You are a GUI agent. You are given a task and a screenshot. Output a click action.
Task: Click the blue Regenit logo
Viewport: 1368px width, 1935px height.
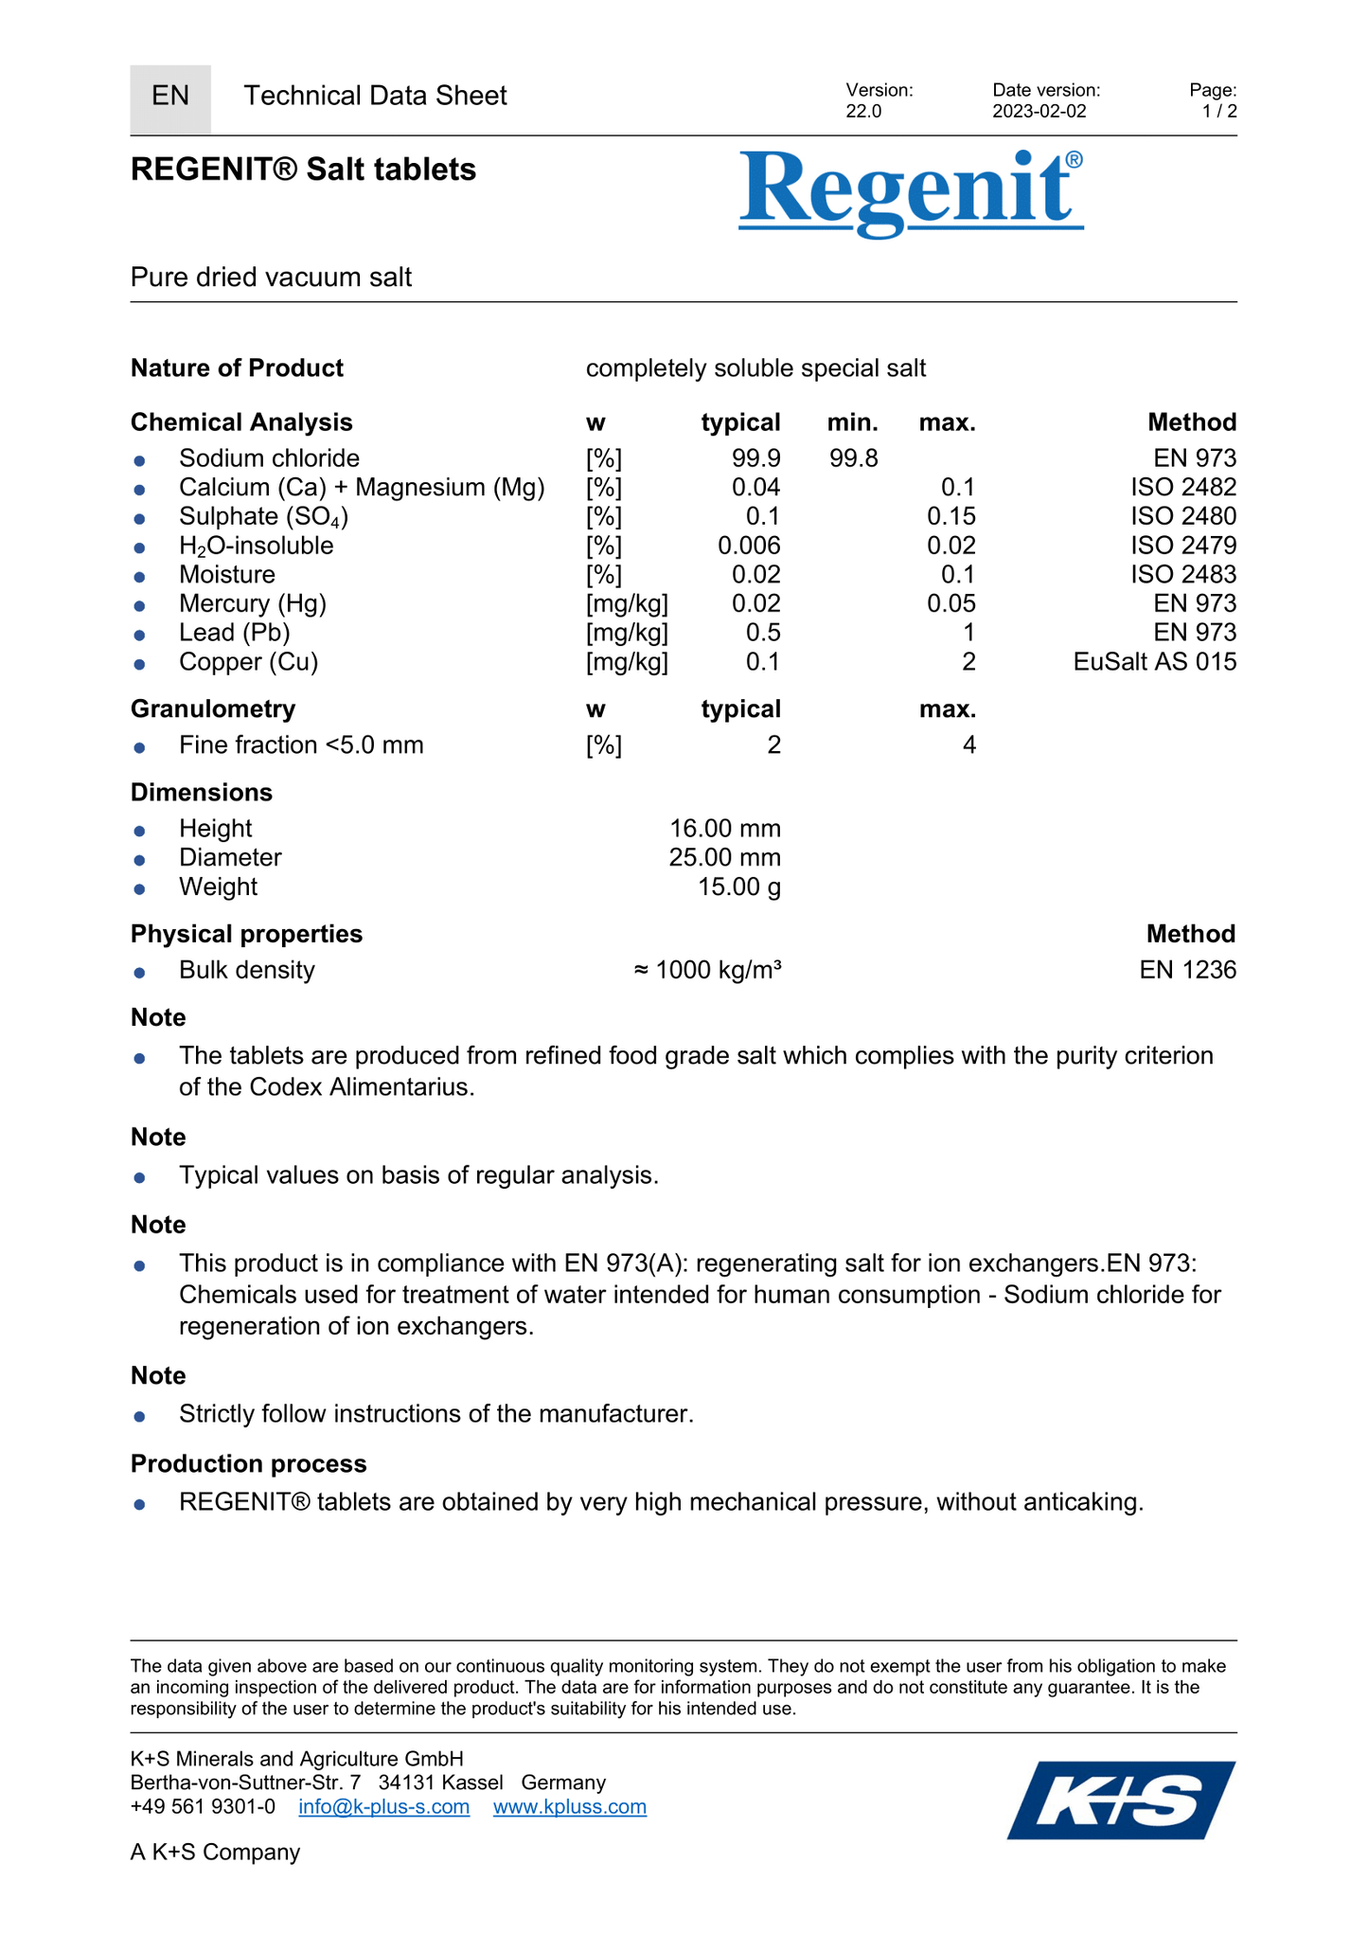[x=910, y=192]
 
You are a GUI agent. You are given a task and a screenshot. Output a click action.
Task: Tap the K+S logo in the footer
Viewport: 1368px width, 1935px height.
[x=1121, y=1800]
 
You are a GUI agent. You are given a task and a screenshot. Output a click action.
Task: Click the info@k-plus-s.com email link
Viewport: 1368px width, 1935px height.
[x=383, y=1806]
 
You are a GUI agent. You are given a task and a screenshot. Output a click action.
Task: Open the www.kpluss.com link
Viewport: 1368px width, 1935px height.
[x=570, y=1806]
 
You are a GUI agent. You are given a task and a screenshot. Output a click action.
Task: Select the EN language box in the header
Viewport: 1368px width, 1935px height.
[x=170, y=97]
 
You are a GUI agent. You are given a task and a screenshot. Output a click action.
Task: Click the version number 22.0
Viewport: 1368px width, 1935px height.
[x=863, y=112]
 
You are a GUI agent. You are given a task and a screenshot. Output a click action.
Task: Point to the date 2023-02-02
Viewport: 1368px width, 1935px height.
[x=1039, y=112]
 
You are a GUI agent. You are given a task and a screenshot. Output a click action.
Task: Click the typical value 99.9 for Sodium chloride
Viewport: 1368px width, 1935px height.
[x=755, y=458]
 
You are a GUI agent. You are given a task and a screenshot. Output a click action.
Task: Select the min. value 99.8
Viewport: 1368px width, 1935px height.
[x=853, y=458]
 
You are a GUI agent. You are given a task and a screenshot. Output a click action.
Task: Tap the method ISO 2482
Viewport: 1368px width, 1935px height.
[x=1182, y=488]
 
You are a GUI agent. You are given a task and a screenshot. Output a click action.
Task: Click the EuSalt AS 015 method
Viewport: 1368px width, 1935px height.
[x=1154, y=662]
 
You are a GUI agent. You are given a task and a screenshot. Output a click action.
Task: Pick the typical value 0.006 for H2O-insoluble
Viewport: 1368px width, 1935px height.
[x=749, y=546]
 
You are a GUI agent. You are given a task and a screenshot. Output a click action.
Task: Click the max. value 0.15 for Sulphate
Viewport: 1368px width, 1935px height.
[x=950, y=517]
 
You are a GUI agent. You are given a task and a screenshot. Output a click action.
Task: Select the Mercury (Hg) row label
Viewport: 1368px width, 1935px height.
[x=253, y=604]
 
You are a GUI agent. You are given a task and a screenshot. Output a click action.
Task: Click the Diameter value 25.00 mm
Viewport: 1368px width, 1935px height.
[x=724, y=858]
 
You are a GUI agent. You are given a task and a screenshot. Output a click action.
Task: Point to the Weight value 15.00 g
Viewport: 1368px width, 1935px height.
[x=738, y=887]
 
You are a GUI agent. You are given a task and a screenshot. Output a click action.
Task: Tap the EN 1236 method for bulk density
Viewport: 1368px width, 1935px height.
[x=1187, y=970]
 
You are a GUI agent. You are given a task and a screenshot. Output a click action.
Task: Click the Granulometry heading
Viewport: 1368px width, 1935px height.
[x=213, y=709]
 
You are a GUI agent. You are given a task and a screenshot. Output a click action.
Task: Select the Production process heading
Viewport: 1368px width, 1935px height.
[x=249, y=1464]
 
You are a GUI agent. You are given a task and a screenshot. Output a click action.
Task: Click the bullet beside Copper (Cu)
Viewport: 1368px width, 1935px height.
[x=139, y=664]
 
